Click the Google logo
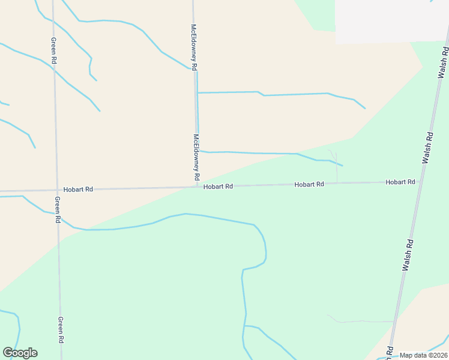(x=20, y=353)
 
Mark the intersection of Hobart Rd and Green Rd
(x=56, y=190)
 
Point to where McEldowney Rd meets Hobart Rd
(x=197, y=187)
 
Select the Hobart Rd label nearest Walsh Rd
(x=400, y=182)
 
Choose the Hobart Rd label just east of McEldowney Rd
(x=218, y=187)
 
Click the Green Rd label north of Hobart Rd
(x=53, y=51)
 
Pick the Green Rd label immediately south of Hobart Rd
(x=58, y=210)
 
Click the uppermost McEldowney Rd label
(x=194, y=48)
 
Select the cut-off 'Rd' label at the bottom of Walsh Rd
(x=390, y=352)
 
